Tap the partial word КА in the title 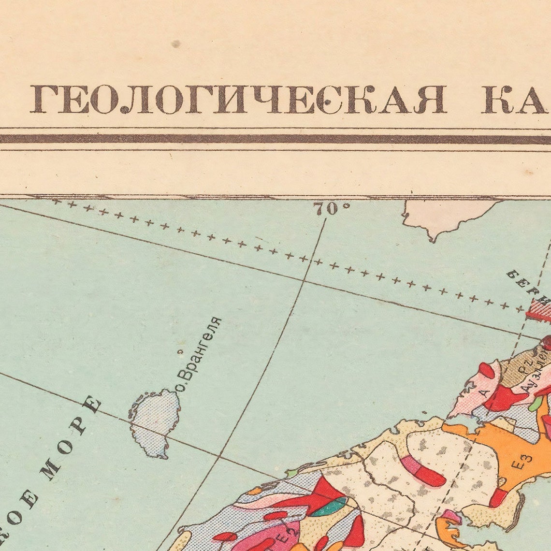coord(515,99)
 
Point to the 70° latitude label coord(331,209)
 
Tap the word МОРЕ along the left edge coord(72,440)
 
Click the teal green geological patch coord(328,506)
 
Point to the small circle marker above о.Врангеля coord(180,352)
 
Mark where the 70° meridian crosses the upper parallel coord(304,280)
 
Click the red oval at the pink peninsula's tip coord(486,370)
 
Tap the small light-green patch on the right coord(535,403)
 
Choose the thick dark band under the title coord(275,139)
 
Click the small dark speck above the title coord(175,44)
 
